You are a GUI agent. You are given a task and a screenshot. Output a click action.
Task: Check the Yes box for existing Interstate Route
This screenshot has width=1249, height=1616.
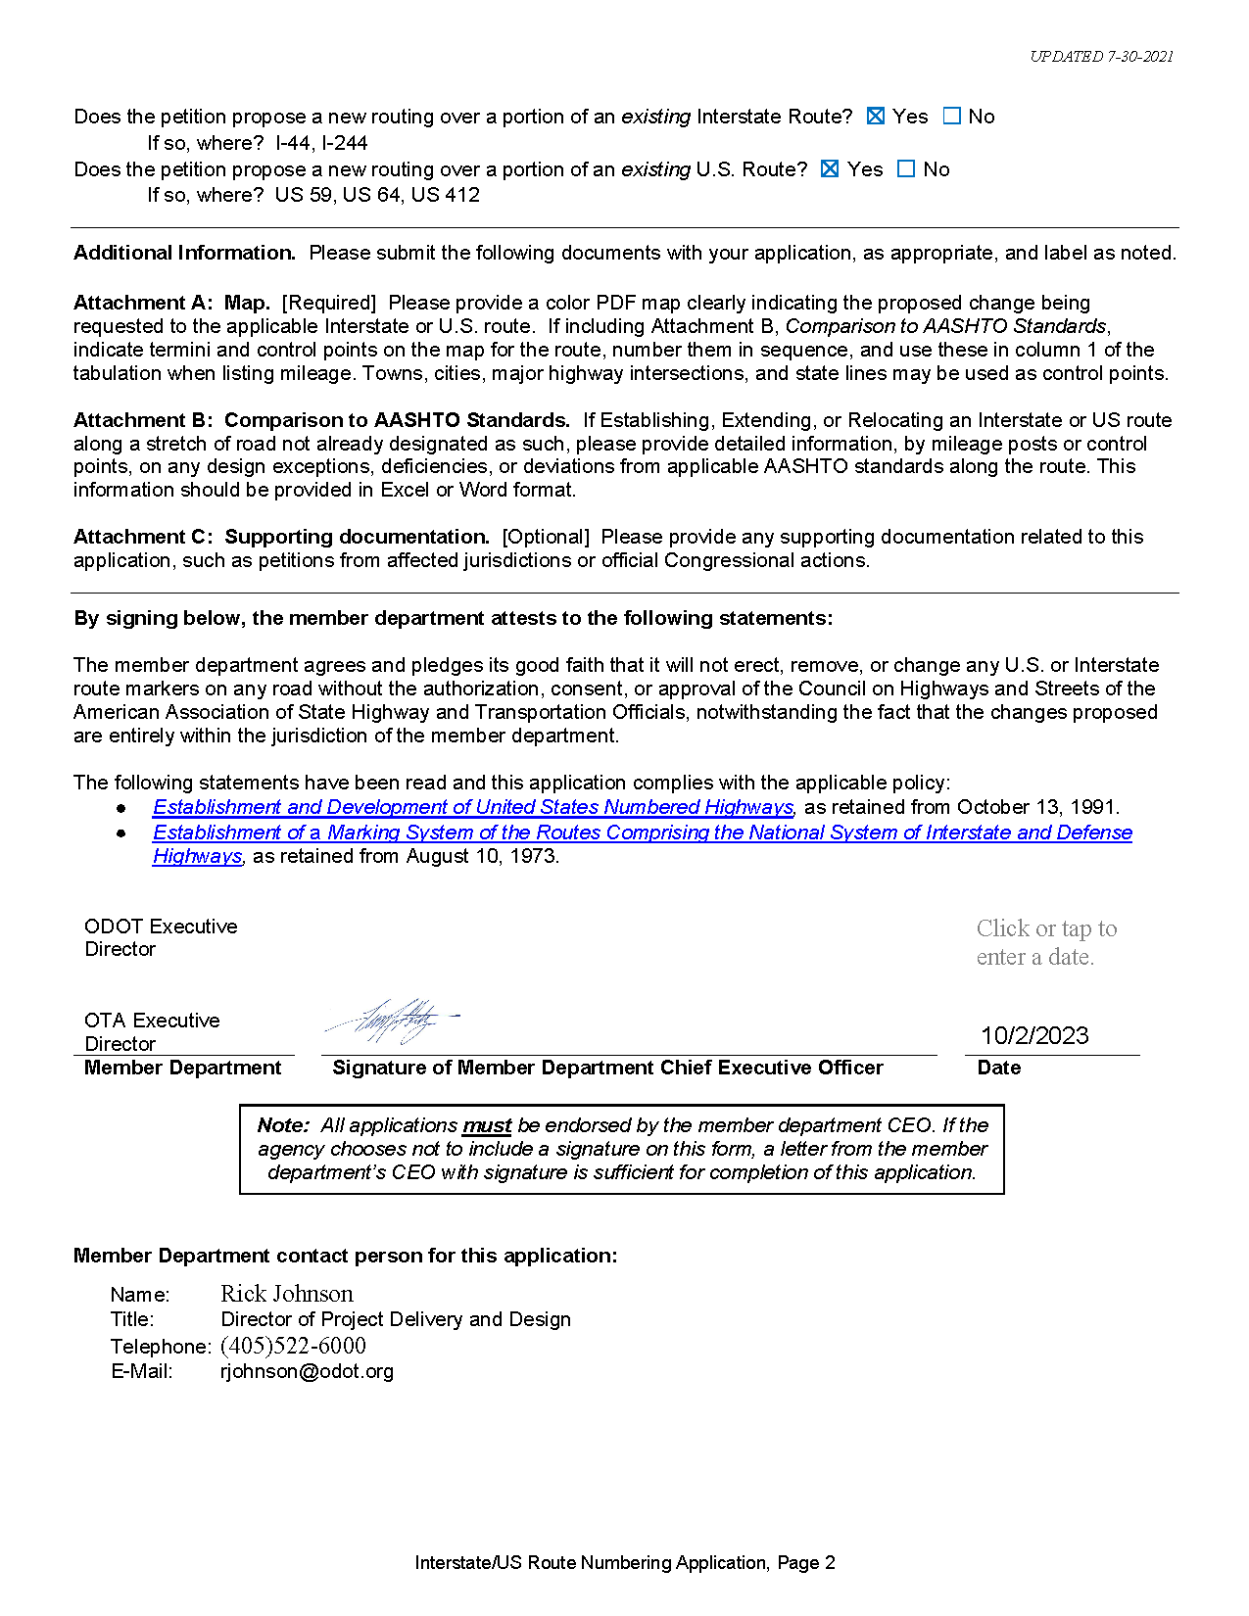(x=876, y=117)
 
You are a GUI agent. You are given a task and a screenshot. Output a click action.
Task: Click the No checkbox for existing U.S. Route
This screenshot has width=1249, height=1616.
(x=906, y=169)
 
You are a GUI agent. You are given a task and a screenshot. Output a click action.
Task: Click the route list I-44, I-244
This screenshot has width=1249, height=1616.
(x=321, y=143)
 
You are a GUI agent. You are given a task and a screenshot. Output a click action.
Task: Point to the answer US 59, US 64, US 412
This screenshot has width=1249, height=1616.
(x=377, y=195)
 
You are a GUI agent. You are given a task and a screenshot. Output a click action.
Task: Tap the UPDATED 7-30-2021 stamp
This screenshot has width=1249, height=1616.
(x=1101, y=57)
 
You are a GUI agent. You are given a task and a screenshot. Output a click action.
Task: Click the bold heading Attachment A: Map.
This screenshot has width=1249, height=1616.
(x=171, y=303)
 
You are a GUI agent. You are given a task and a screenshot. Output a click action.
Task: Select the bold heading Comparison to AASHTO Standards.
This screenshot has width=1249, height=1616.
(x=397, y=420)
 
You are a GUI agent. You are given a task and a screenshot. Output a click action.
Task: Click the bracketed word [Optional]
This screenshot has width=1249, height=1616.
(x=546, y=537)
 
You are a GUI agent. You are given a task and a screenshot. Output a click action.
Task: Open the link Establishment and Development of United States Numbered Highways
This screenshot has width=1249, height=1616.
(x=472, y=807)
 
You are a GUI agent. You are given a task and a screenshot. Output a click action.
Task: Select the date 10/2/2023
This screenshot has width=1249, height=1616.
(x=1034, y=1035)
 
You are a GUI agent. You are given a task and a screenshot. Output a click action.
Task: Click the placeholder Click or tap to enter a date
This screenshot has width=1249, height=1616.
(x=1046, y=942)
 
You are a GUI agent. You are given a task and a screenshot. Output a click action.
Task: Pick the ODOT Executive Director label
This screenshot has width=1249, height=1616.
(x=161, y=937)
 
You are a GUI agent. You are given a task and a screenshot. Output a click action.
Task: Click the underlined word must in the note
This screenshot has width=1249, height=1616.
(x=487, y=1125)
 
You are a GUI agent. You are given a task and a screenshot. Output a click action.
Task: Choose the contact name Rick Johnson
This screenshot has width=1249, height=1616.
(x=286, y=1294)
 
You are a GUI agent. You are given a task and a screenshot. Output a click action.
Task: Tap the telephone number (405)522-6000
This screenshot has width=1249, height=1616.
(x=293, y=1346)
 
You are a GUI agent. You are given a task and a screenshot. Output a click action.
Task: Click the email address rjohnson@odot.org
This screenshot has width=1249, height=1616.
(x=307, y=1371)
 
